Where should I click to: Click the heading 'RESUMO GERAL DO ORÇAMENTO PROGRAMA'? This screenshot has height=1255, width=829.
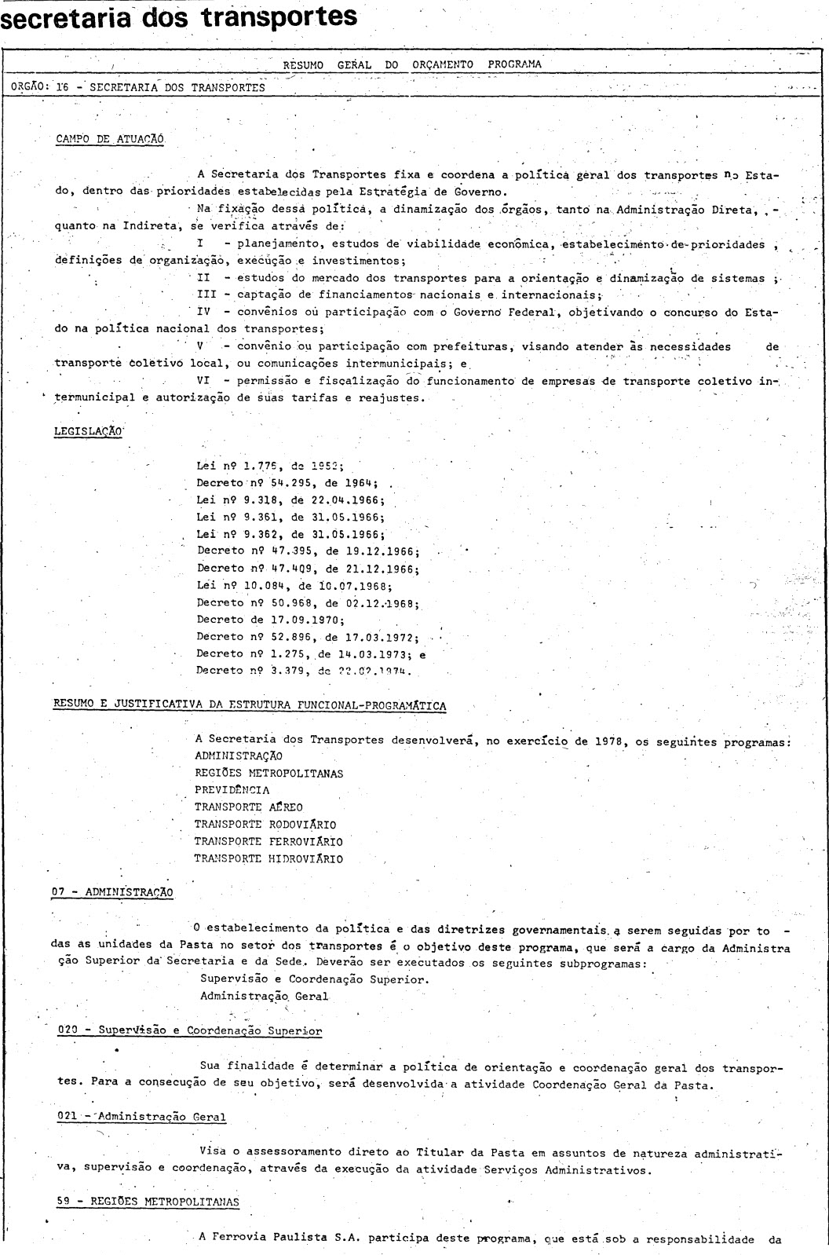pos(412,64)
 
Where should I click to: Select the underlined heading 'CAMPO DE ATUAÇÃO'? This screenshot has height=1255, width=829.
pos(110,139)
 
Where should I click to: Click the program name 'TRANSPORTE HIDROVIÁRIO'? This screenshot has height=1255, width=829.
pos(268,858)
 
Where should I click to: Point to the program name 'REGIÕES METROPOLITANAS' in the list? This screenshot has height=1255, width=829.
pos(268,773)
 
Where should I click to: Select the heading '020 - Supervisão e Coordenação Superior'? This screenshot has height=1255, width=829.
pos(190,1030)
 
